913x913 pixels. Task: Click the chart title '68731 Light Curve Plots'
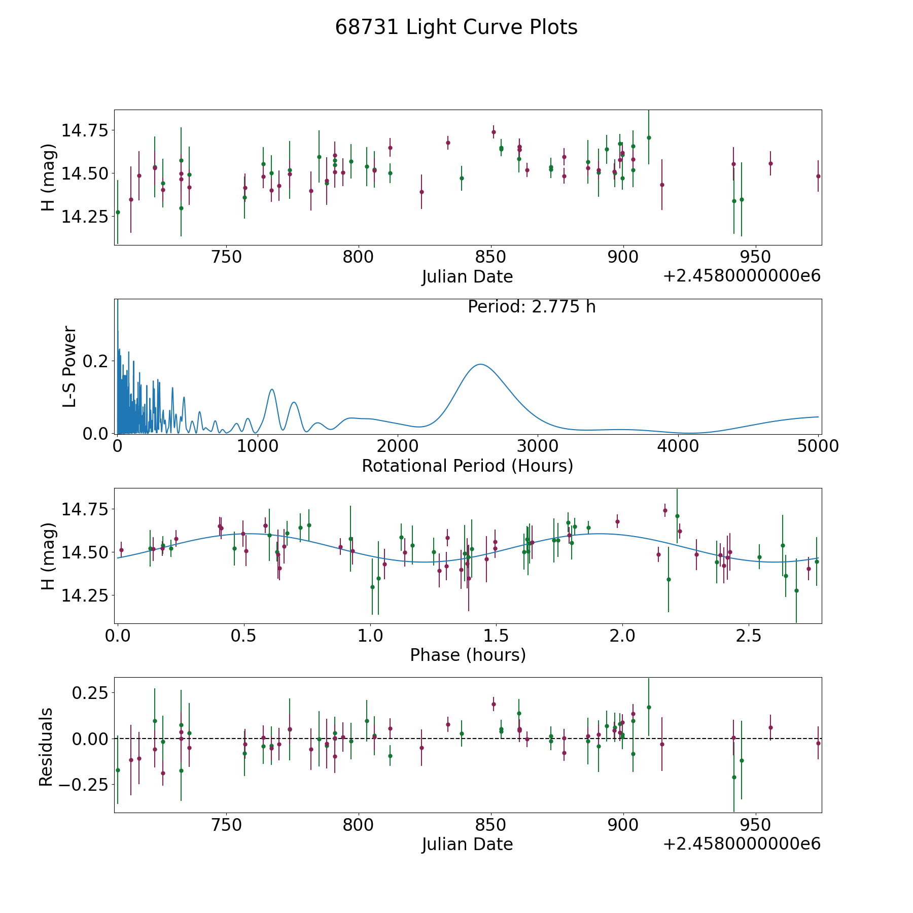456,27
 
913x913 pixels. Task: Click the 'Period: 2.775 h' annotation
532,307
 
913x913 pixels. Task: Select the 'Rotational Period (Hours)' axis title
467,466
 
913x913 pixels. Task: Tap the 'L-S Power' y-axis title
70,366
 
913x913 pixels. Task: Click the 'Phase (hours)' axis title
468,655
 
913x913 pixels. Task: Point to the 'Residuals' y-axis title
46,747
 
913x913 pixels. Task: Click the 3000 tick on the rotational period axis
538,446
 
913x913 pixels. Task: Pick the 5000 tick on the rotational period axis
818,446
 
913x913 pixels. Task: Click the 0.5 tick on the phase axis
244,636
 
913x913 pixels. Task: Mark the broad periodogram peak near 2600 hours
479,364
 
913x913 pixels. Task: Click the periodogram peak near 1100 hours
272,390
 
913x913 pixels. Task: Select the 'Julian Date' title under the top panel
467,276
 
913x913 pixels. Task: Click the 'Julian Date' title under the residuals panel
467,844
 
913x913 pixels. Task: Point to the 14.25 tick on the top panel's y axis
85,217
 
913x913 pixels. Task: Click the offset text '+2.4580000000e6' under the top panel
742,276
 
